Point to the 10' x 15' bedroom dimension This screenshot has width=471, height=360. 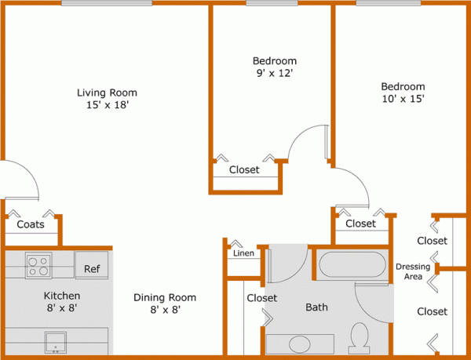(403, 99)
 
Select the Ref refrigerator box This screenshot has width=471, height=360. (93, 269)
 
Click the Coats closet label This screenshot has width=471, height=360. (31, 224)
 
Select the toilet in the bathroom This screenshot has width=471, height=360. (360, 337)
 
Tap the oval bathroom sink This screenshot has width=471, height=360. (299, 344)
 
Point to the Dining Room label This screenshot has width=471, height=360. (164, 298)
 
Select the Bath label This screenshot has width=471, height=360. (316, 307)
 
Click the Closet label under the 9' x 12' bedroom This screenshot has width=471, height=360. (244, 169)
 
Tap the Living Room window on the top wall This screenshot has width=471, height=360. (107, 3)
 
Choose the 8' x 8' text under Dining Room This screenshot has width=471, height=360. (164, 311)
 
